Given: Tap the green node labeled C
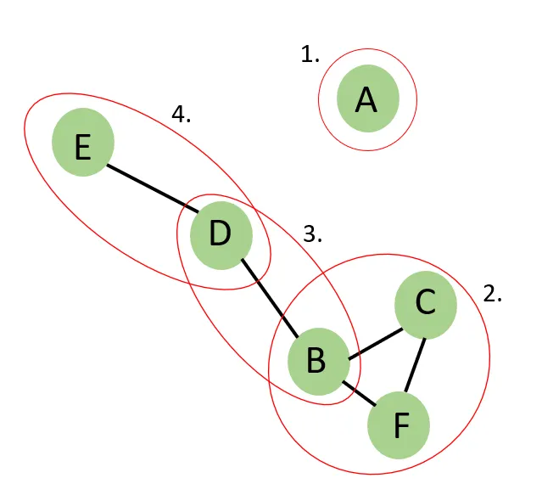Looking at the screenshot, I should click(426, 302).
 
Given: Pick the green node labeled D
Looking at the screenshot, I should click(221, 233).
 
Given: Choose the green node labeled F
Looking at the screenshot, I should click(399, 424).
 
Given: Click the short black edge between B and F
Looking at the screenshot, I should click(362, 394).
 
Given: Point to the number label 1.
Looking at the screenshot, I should click(310, 56).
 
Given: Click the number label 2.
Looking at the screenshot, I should click(493, 295).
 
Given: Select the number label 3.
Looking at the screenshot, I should click(313, 234).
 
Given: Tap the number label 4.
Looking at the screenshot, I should click(182, 114).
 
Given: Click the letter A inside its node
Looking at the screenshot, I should click(366, 100).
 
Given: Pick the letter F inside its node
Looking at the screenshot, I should click(401, 425).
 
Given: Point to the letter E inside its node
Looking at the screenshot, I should click(82, 149).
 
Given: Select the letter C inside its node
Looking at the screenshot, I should click(425, 302).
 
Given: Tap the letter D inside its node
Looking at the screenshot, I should click(220, 233).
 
